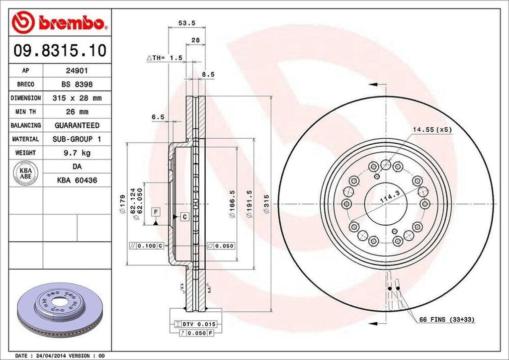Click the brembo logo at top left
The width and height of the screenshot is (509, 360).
click(59, 22)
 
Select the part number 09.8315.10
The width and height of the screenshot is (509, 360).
click(59, 50)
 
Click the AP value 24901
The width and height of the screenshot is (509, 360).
click(77, 71)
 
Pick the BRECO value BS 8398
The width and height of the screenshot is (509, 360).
click(77, 85)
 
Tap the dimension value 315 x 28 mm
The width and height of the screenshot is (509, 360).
click(77, 98)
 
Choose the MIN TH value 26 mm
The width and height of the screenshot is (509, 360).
click(77, 111)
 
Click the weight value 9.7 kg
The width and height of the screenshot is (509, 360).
click(77, 152)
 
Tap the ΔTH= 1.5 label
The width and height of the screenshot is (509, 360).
click(165, 58)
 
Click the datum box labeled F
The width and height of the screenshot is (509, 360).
click(156, 212)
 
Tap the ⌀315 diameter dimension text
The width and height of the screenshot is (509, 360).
click(266, 204)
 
